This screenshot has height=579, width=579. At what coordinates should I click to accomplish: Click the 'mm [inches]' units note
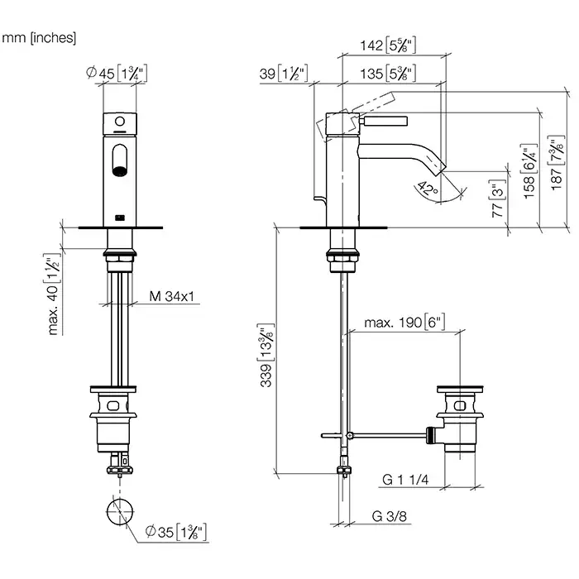[x=39, y=38]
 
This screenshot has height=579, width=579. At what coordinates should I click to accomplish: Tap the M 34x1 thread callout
[x=172, y=296]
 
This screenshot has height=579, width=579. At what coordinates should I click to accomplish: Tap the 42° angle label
[x=428, y=189]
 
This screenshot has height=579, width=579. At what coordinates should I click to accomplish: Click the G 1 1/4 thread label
[x=405, y=479]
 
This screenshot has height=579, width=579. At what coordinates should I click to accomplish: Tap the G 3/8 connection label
[x=390, y=516]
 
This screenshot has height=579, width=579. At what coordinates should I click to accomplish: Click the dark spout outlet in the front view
[x=120, y=171]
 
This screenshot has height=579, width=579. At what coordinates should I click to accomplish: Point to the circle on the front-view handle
[x=120, y=121]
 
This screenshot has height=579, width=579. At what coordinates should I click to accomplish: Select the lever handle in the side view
[x=384, y=121]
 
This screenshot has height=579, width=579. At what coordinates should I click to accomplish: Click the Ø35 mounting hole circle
[x=120, y=511]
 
